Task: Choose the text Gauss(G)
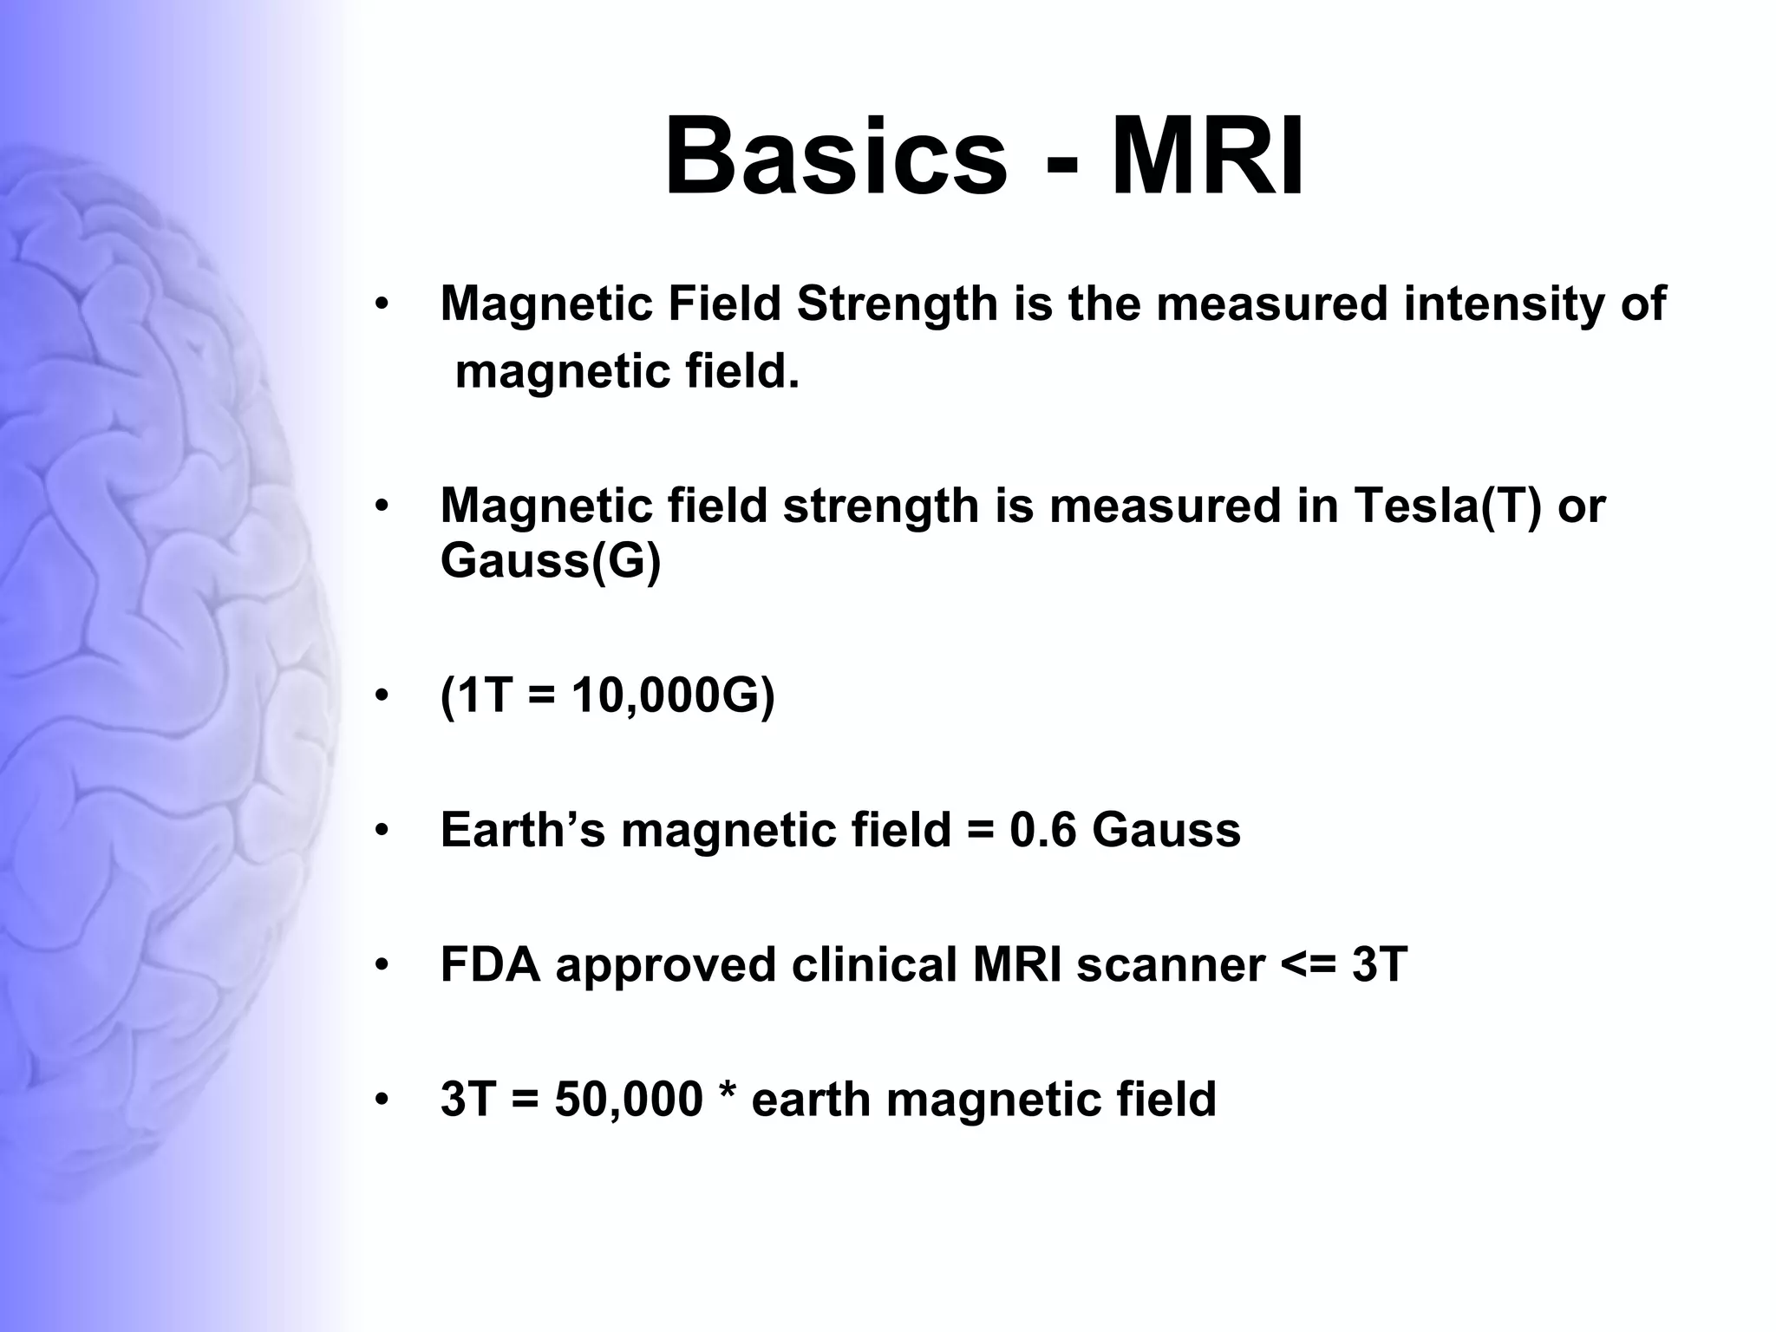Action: coord(551,561)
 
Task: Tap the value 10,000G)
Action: coord(673,695)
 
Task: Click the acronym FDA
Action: coord(490,964)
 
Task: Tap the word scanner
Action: coord(1170,964)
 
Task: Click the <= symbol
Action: coord(1308,966)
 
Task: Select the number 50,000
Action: coord(629,1100)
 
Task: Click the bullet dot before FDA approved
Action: coord(382,966)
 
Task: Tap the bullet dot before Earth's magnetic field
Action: coord(382,832)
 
